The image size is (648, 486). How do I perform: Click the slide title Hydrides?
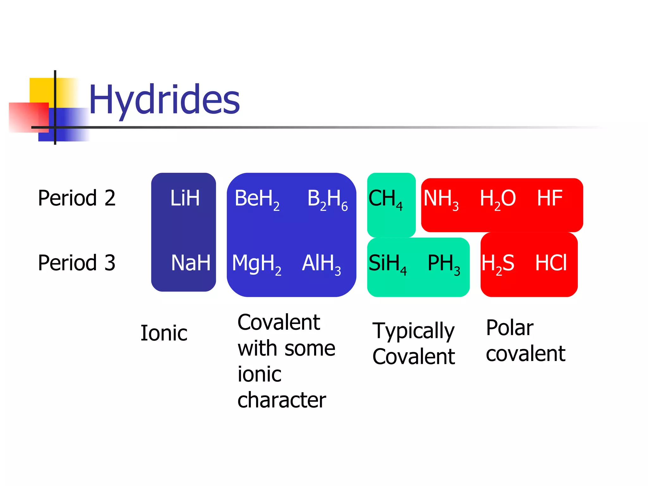(x=164, y=100)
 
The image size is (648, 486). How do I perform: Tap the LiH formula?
(x=185, y=198)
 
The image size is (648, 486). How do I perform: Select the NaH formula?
(x=190, y=263)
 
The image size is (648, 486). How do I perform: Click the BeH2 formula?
(x=257, y=199)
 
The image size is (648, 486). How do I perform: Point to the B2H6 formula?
(x=327, y=199)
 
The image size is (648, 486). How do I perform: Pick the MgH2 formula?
(x=257, y=264)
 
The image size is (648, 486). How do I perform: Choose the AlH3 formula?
(x=321, y=264)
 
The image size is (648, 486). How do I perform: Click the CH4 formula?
(x=385, y=199)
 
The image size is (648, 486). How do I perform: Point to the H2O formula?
(x=498, y=199)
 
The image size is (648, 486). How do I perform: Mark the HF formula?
(x=550, y=198)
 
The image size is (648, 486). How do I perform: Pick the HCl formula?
(x=551, y=263)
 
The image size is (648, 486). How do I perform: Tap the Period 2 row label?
(x=77, y=198)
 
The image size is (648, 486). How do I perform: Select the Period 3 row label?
(x=77, y=263)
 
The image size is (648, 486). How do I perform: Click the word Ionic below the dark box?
(x=164, y=333)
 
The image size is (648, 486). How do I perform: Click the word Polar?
(x=510, y=328)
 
